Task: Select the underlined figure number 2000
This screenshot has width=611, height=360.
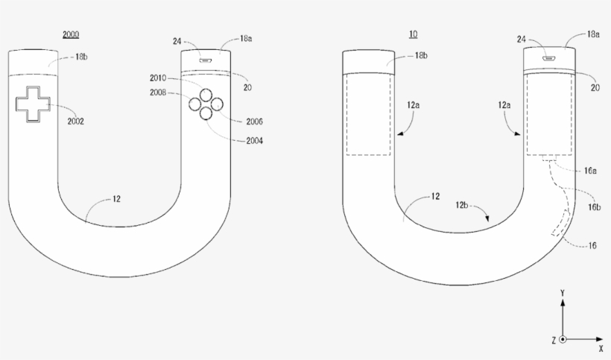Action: [71, 35]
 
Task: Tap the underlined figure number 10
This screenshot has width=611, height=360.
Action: [413, 35]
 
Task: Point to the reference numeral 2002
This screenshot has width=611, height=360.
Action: [76, 121]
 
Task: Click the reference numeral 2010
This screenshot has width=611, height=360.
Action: [158, 78]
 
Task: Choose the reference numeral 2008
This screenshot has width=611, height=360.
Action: [158, 94]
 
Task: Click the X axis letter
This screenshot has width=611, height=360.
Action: [601, 348]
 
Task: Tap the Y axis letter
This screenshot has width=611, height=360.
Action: [563, 293]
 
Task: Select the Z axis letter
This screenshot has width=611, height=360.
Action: [554, 340]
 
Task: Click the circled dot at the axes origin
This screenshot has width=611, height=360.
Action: [563, 340]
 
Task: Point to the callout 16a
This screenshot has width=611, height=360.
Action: [590, 170]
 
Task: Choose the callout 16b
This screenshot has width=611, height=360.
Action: [593, 206]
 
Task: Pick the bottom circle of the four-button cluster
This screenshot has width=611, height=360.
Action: [205, 113]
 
